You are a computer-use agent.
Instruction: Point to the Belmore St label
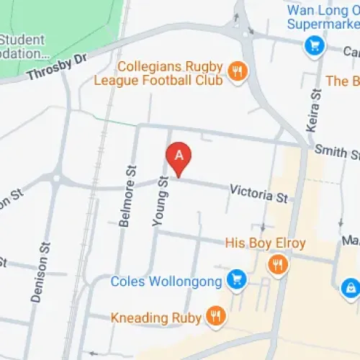(130, 204)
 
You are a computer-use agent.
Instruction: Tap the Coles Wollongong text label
(168, 281)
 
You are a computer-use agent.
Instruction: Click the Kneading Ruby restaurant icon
(214, 315)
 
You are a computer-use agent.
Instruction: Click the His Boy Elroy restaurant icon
(276, 264)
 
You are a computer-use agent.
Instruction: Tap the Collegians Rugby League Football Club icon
(235, 70)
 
